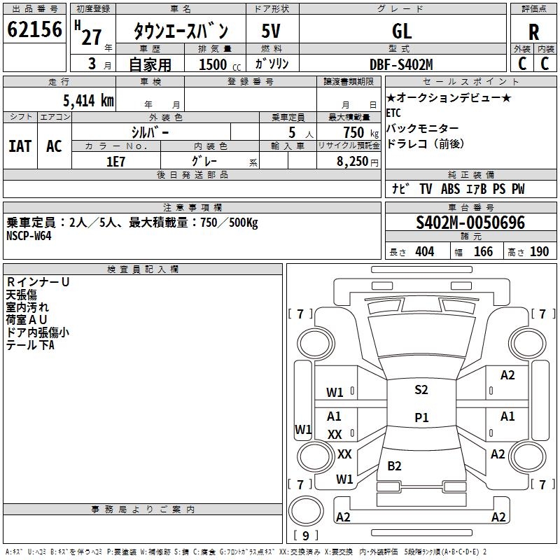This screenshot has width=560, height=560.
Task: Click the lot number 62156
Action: coord(34,31)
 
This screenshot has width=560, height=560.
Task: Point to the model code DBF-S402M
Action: coord(401,64)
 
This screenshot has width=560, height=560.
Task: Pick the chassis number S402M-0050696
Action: coord(470,223)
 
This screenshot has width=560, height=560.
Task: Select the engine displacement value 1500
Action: coord(213,64)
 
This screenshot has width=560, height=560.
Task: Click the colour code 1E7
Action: coord(116,160)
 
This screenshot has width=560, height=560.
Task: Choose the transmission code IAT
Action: coord(20,146)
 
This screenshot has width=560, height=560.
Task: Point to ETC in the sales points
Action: coord(394,113)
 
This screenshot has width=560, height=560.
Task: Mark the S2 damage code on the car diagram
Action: coord(421,390)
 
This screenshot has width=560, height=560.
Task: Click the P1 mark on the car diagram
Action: coord(421,417)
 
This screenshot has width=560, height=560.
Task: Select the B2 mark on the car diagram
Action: coord(395,465)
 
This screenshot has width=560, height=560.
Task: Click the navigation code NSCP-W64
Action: coord(29,235)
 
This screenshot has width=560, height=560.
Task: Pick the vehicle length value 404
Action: coord(424,252)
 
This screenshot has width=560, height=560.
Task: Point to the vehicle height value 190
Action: coord(539,252)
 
